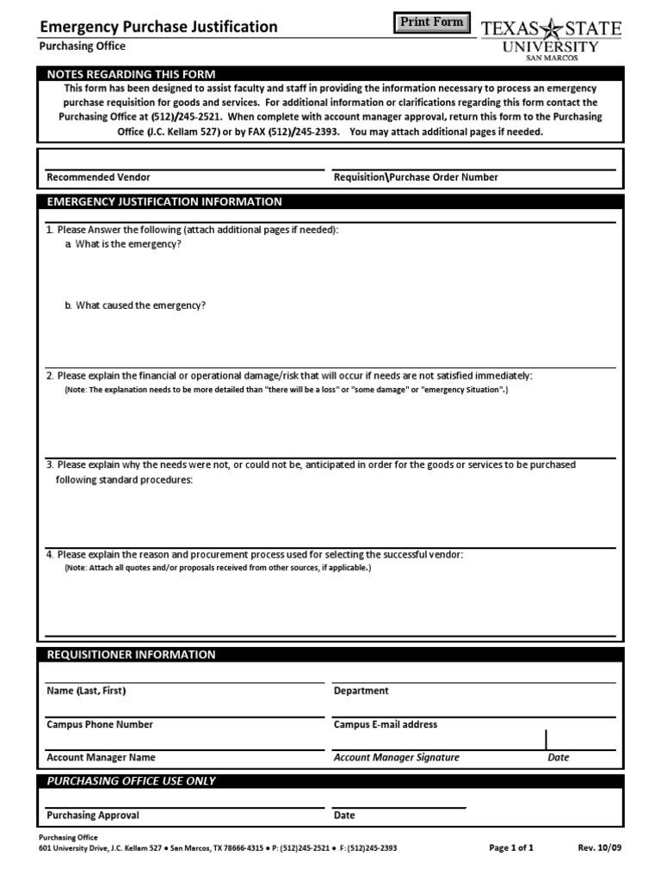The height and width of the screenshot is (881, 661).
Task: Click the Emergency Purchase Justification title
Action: coord(159,27)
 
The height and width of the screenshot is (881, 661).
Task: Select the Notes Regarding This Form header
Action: coord(131,74)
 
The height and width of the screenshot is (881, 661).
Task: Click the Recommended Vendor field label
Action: coord(98,177)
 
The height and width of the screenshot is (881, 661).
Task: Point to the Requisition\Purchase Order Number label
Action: coord(416,177)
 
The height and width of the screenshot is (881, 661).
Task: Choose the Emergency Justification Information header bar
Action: coord(164,202)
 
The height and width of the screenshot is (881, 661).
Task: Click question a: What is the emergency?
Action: coord(128,244)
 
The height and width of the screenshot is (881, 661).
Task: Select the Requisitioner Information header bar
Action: coord(131,655)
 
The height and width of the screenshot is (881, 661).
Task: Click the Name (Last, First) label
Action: coord(91,691)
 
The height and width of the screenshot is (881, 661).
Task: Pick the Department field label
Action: coord(361,691)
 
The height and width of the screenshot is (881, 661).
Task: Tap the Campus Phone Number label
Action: coord(100,724)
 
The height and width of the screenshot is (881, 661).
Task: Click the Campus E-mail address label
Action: coord(386,724)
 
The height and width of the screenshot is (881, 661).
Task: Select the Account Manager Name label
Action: coord(101,758)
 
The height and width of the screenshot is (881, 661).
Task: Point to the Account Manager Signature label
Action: coord(396,758)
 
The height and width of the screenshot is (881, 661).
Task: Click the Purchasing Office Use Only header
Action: coord(131,781)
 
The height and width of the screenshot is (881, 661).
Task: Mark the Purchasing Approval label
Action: coord(93,815)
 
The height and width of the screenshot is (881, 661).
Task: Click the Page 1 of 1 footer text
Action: coord(511,847)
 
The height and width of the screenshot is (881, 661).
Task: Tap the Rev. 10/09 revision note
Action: coord(599,847)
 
